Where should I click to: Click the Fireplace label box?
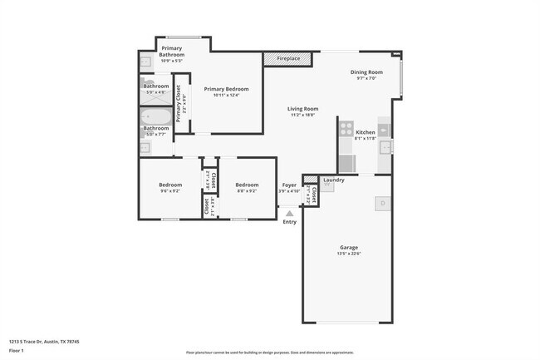[x=287, y=58]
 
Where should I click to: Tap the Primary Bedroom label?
[x=226, y=89]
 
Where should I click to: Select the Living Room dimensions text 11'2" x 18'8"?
[x=303, y=115]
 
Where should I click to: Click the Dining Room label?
[x=366, y=72]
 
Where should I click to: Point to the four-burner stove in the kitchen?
[x=344, y=131]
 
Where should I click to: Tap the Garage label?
[x=348, y=247]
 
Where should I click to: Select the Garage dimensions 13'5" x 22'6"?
[x=348, y=254]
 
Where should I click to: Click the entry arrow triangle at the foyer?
[x=289, y=214]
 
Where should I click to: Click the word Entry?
[x=289, y=222]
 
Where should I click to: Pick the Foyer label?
[x=288, y=185]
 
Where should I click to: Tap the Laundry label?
[x=334, y=180]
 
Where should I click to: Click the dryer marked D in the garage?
[x=382, y=202]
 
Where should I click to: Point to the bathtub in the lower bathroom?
[x=155, y=117]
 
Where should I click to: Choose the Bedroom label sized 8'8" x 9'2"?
[x=247, y=185]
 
